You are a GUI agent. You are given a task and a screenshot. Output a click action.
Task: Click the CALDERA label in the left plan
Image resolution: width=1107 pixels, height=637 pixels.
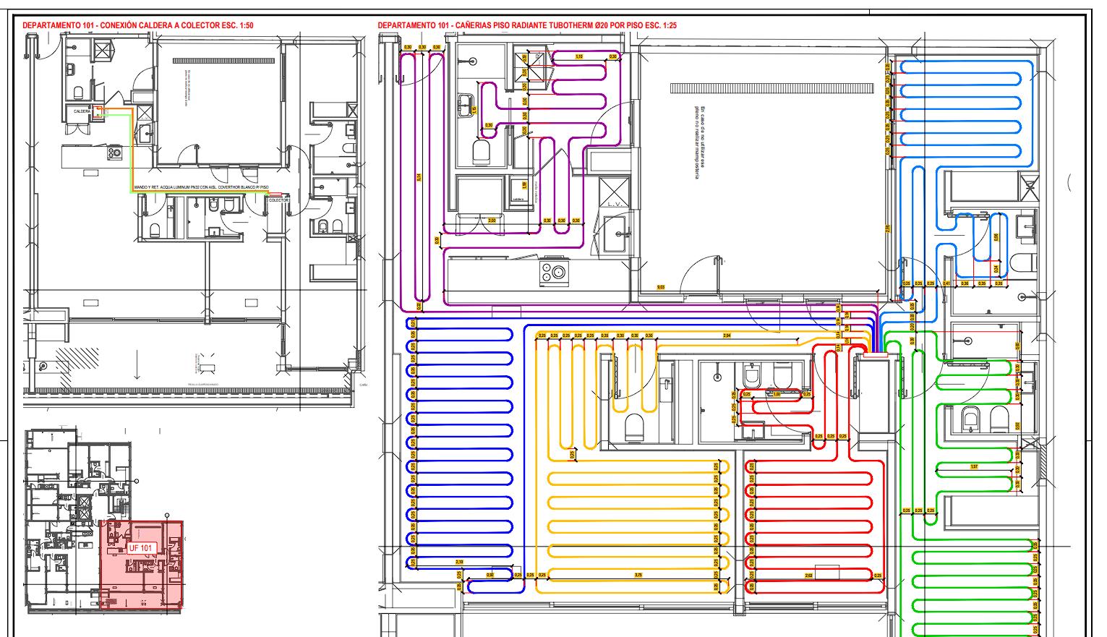(82, 111)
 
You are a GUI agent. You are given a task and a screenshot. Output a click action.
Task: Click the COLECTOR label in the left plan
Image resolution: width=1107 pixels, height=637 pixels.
(278, 200)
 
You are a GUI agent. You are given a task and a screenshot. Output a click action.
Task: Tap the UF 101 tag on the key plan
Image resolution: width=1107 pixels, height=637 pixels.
(142, 548)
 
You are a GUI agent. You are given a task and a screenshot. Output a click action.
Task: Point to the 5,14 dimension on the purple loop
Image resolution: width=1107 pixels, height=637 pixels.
(419, 177)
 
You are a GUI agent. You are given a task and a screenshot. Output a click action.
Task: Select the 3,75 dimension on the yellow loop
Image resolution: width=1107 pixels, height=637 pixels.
(637, 576)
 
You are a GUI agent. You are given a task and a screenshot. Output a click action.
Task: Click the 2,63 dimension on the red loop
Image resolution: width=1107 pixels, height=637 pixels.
(808, 576)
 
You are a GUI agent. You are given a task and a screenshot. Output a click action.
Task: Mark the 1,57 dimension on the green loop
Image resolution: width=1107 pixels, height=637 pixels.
(974, 467)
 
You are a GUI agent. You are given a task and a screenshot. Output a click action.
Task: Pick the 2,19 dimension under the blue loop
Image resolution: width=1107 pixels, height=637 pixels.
(460, 562)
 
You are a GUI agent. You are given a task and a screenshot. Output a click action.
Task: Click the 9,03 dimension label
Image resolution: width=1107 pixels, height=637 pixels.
(660, 288)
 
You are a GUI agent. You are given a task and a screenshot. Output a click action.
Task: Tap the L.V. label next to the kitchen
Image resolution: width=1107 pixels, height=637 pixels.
(615, 205)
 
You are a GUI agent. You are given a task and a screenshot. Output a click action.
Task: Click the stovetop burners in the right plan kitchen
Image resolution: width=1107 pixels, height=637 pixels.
(555, 273)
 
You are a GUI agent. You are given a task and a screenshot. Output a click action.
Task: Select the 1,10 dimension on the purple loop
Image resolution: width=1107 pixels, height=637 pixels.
(578, 56)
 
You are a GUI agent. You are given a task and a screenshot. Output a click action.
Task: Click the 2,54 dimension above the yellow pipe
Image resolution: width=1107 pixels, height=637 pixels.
(727, 336)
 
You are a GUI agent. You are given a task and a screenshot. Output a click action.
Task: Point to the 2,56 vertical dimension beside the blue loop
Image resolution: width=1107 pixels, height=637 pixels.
(888, 228)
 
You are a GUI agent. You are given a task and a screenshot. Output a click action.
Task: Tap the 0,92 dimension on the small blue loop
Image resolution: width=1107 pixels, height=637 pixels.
(490, 576)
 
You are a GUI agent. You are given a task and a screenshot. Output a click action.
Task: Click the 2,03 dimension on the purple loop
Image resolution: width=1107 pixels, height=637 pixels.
(492, 221)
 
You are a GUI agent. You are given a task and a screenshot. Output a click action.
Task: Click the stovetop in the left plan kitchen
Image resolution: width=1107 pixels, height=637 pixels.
(114, 153)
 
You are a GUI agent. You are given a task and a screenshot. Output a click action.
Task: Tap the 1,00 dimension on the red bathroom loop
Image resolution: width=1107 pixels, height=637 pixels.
(777, 395)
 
